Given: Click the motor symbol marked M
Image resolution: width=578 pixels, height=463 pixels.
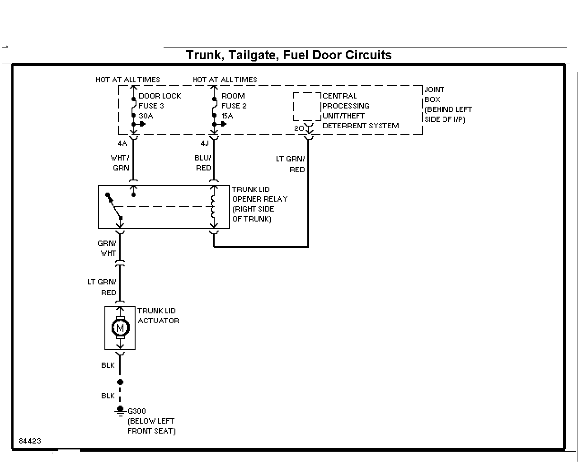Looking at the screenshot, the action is click(120, 327).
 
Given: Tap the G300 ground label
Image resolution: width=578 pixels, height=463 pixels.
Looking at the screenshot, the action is click(136, 411).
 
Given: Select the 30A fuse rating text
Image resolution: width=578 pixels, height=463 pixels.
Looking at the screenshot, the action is click(146, 116).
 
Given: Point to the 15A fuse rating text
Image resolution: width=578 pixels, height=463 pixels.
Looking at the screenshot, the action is click(227, 116).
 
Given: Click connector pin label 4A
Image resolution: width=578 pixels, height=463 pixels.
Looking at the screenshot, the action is click(122, 143).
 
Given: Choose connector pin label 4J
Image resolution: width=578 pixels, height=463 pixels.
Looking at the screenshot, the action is click(205, 143).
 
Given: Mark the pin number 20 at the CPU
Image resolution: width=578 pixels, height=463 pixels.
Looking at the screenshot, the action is click(299, 128).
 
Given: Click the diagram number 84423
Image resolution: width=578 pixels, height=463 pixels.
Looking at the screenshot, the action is click(30, 441).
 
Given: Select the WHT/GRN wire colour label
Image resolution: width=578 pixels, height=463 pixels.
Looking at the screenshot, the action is click(120, 163).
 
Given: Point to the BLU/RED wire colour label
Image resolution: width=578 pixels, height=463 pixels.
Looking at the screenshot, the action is click(203, 163).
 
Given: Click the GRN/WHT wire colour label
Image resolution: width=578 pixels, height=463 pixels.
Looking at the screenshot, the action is click(108, 248).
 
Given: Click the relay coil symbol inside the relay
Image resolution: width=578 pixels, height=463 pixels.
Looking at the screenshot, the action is click(213, 207).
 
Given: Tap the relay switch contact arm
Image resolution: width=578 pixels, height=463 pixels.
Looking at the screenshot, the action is click(114, 206).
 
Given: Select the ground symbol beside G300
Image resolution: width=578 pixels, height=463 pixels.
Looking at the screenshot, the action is click(120, 411).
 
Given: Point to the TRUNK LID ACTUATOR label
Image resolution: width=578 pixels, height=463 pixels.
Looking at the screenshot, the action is click(158, 316).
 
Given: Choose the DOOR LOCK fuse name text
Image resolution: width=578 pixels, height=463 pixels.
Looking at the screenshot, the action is click(160, 96).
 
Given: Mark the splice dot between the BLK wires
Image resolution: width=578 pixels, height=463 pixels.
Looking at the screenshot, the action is click(120, 382).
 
